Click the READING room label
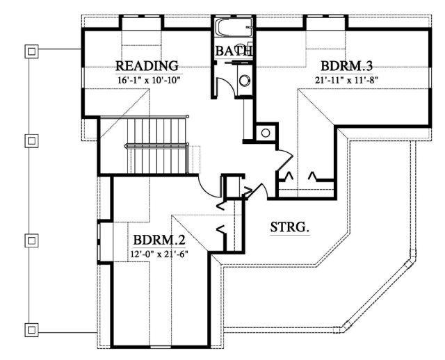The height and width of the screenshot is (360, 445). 147,66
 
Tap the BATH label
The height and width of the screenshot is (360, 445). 234,51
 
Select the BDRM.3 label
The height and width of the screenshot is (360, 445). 346,66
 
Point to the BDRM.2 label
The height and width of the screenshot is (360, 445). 159,240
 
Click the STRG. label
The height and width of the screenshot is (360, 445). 289,227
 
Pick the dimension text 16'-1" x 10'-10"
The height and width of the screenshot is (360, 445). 149,80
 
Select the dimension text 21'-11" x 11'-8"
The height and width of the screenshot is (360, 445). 347,80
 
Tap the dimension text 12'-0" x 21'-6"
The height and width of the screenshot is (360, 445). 159,254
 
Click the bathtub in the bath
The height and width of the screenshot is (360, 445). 234,27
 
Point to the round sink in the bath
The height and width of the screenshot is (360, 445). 244,81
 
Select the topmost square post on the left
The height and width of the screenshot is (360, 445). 31,51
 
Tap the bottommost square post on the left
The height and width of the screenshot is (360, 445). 31,329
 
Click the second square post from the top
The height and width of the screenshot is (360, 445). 31,140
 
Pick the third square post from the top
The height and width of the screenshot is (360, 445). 31,240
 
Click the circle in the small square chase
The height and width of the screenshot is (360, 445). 266,133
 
